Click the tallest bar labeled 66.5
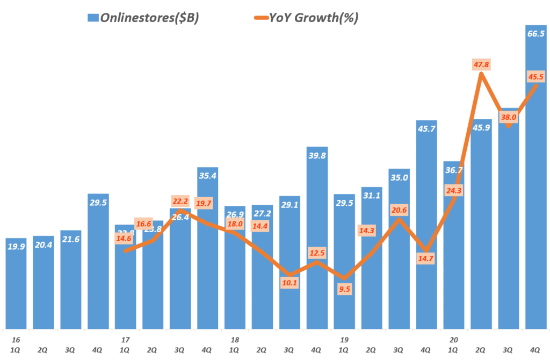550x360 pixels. tap(535, 188)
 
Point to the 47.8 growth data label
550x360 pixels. tap(481, 65)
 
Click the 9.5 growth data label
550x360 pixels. tap(344, 289)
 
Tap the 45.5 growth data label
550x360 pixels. tap(535, 77)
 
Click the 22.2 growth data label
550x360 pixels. tap(180, 201)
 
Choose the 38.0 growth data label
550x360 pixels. tap(509, 117)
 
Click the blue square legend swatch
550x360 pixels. tap(93, 18)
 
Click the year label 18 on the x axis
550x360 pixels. tap(234, 341)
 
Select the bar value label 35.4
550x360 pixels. tap(207, 175)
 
